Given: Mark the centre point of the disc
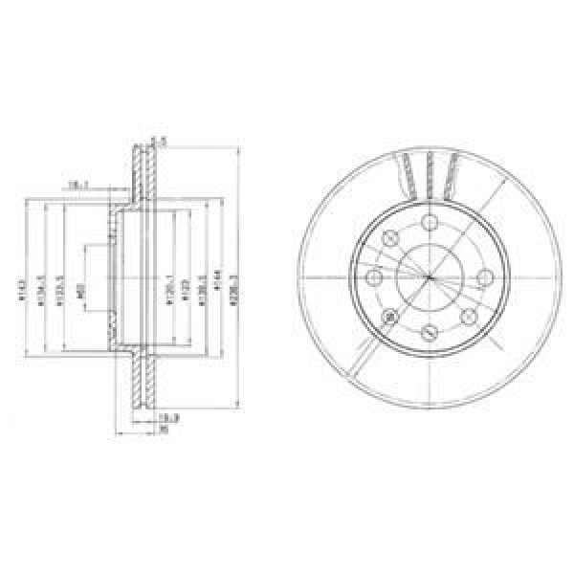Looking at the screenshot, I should pos(430,278).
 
